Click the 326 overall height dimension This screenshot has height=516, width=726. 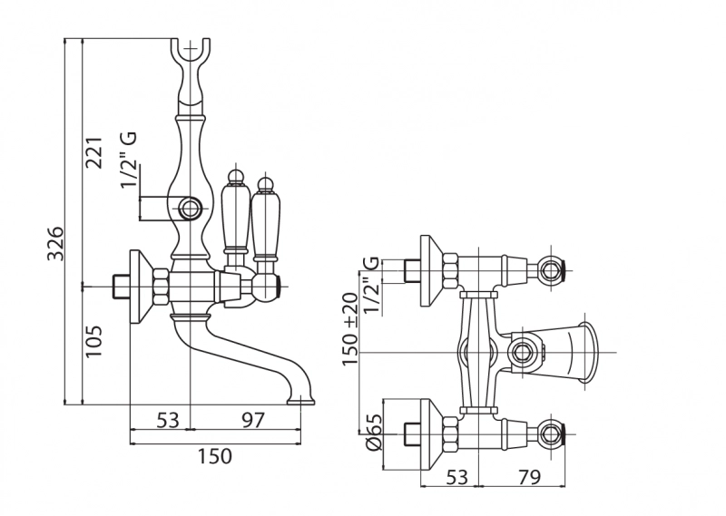point(56,243)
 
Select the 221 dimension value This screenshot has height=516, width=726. point(93,152)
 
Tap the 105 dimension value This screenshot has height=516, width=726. point(93,341)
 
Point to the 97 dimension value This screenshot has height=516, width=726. point(253,419)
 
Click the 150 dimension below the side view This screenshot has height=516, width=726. point(215,456)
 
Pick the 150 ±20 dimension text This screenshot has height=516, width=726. point(350,329)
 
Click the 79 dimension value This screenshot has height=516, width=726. point(528,476)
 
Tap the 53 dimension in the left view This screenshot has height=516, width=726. point(167,420)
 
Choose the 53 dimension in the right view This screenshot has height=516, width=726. point(456,476)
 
